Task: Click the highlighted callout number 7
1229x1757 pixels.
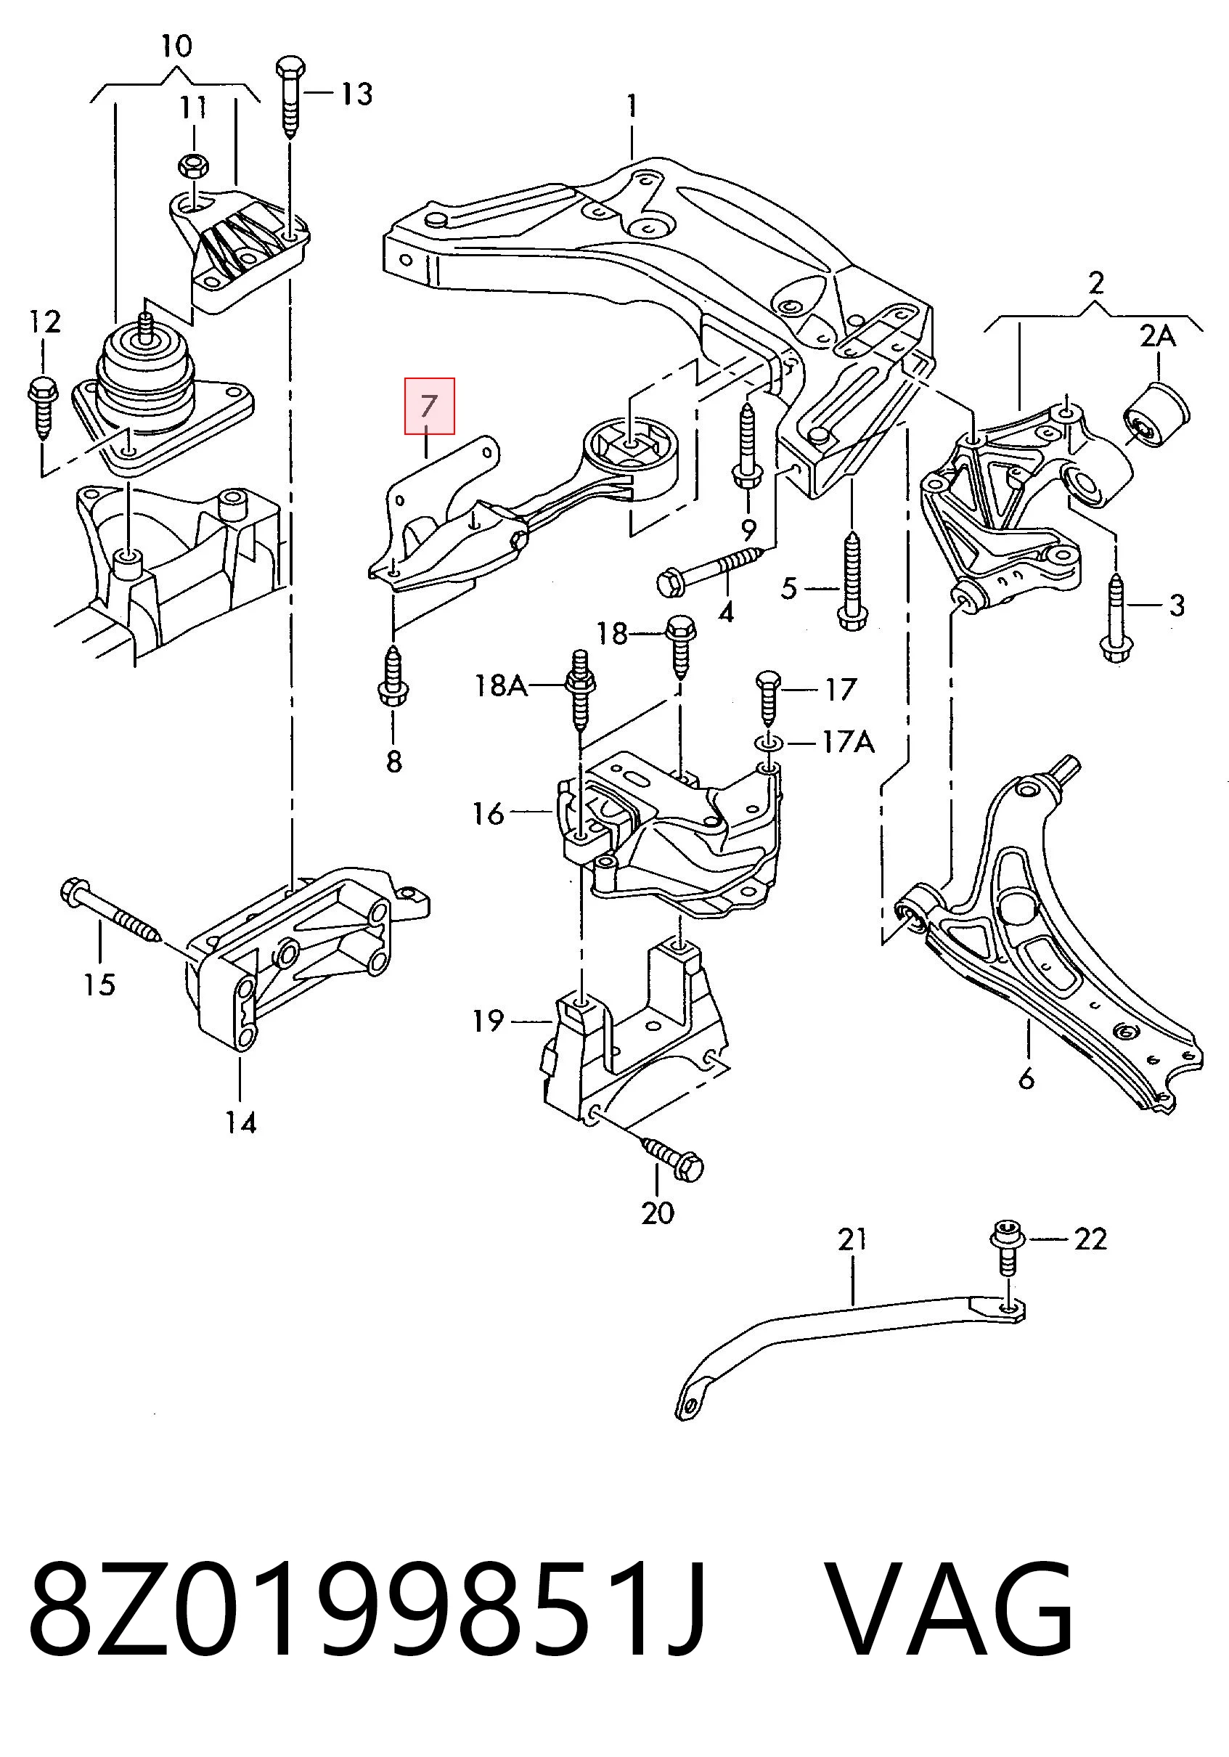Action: pyautogui.click(x=429, y=406)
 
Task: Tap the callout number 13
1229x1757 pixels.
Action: pyautogui.click(x=356, y=94)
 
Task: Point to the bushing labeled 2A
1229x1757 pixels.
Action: pyautogui.click(x=1156, y=413)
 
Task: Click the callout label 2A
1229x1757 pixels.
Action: pyautogui.click(x=1157, y=335)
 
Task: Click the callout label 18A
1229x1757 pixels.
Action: pyautogui.click(x=501, y=685)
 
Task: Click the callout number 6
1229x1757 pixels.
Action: pyautogui.click(x=1026, y=1078)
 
